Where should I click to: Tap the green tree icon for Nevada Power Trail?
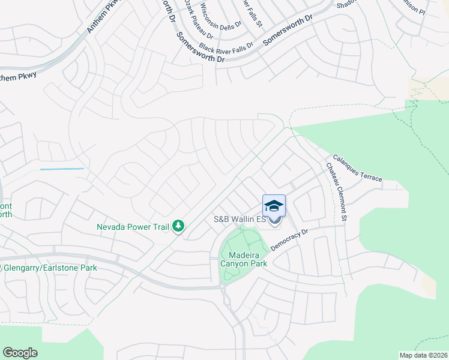(178, 226)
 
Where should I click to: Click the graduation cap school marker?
(274, 206)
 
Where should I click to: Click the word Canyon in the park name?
(236, 263)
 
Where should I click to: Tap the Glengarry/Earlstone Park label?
(51, 268)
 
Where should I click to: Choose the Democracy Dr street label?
(289, 239)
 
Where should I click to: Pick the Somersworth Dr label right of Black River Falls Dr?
(288, 29)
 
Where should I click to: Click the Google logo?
(20, 353)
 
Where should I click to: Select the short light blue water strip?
(62, 169)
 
